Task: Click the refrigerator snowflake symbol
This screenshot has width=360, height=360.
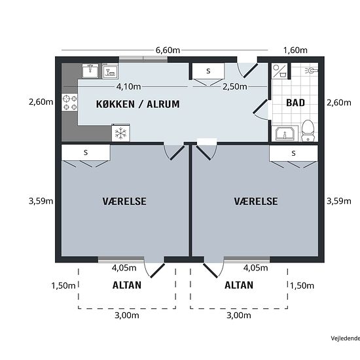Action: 121,133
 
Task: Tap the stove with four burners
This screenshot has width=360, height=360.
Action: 69,102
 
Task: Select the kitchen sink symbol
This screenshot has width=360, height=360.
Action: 90,71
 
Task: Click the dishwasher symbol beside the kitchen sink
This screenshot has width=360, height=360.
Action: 110,71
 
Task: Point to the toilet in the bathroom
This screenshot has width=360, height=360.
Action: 308,131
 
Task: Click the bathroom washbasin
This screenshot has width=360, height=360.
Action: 285,133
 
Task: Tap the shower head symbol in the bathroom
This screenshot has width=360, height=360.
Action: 312,71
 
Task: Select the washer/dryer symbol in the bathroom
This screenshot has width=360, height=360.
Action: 279,71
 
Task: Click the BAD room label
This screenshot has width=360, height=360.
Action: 295,103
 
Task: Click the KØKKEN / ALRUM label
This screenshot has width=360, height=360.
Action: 137,104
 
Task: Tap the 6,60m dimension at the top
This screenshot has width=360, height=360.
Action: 168,50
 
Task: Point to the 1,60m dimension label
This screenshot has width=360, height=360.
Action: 295,50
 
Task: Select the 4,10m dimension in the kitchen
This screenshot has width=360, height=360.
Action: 128,86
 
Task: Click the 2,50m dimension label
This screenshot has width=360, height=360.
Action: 235,86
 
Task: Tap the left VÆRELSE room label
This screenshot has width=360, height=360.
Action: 124,202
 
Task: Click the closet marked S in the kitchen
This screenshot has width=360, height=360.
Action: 208,71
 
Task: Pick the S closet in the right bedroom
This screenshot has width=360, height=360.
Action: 293,153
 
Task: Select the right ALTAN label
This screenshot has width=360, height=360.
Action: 239,285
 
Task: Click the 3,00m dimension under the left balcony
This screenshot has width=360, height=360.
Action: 127,315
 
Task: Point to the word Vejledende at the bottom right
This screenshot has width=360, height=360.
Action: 346,338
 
